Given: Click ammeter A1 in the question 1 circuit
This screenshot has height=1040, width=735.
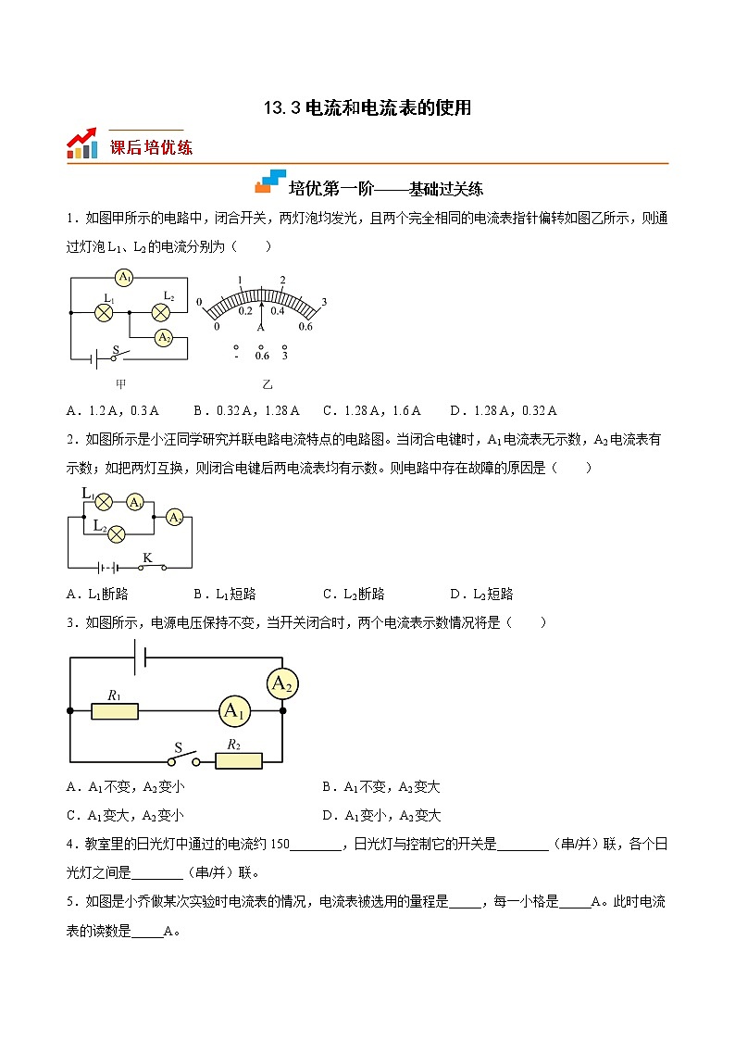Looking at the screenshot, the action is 125,277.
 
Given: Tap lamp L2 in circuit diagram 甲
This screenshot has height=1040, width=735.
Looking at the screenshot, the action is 161,312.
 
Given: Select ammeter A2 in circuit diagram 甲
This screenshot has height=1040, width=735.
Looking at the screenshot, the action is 163,338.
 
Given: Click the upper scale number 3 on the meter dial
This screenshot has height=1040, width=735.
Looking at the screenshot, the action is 324,302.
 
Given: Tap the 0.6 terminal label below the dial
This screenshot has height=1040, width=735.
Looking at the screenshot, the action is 262,356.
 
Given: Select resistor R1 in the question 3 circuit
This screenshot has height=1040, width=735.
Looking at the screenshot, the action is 115,711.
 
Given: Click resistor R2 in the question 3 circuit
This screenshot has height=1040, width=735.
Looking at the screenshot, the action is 238,760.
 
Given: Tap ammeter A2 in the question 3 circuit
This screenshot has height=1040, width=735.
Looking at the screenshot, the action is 281,684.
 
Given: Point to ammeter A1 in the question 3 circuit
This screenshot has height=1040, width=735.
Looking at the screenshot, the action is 234,711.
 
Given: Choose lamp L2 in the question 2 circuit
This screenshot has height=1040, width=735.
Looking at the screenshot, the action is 118,534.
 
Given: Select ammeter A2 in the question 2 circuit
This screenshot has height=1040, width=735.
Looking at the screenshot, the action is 174,518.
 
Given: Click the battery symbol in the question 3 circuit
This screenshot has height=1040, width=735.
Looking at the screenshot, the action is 140,655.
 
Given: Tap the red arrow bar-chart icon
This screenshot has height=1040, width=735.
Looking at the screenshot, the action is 82,144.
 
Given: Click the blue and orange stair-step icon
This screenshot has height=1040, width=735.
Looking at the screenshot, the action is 270,182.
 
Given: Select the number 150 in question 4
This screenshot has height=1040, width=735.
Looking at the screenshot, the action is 280,844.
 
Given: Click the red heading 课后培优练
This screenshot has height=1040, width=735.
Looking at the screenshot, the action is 151,146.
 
